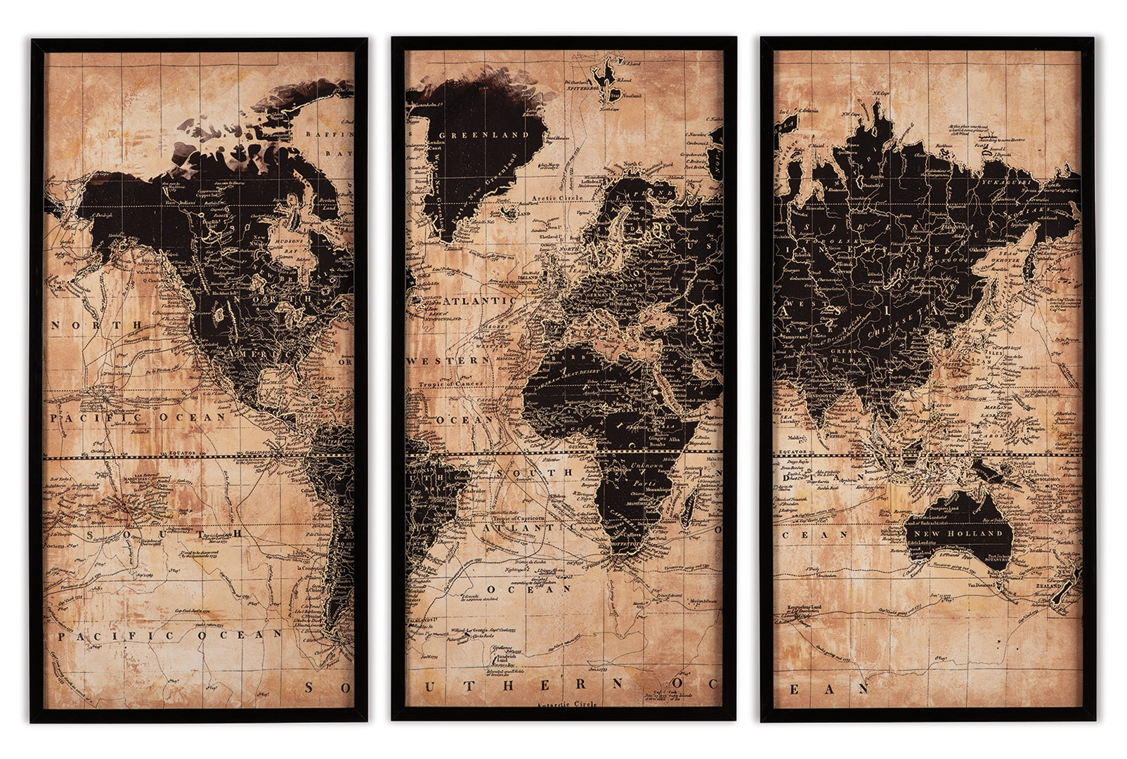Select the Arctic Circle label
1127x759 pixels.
558,198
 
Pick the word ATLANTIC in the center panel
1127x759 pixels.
474,301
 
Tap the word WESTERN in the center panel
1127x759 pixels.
448,360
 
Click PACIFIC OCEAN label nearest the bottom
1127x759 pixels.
169,635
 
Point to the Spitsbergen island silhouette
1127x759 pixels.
601,76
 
